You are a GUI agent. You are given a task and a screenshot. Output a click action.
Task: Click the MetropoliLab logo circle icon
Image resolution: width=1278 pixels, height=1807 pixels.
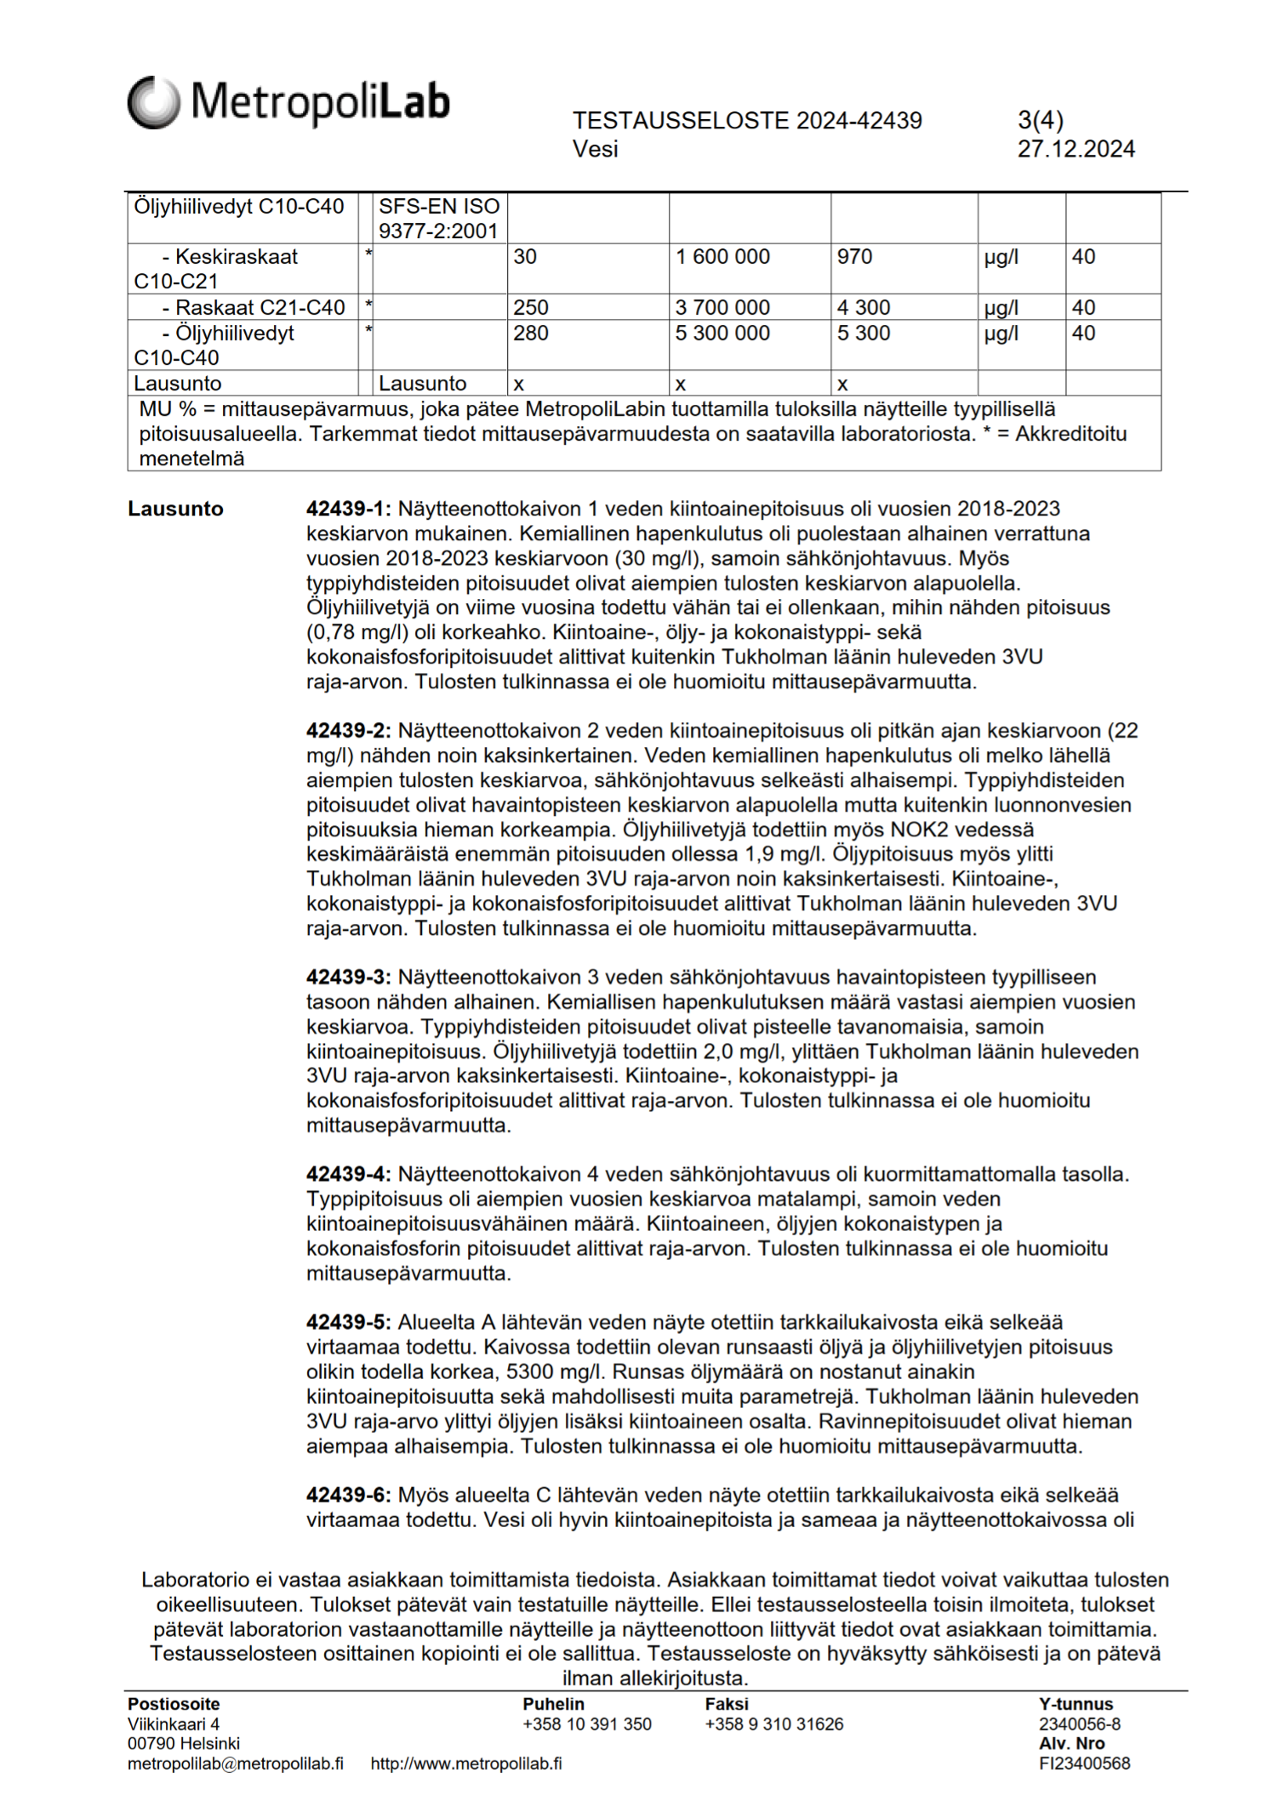tap(154, 102)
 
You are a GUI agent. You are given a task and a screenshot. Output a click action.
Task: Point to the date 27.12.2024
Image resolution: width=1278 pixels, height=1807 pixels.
tap(1075, 150)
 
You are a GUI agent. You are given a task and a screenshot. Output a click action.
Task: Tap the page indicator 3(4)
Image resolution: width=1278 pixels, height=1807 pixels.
tap(1040, 121)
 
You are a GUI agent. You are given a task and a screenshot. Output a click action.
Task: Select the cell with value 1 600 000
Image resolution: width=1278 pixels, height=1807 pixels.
tap(722, 257)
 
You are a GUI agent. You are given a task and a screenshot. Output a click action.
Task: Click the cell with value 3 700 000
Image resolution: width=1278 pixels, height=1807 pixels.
tap(722, 308)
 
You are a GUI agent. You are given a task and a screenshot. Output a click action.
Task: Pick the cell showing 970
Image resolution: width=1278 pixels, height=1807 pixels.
tap(854, 257)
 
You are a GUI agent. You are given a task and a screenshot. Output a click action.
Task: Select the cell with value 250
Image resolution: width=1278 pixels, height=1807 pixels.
tap(531, 308)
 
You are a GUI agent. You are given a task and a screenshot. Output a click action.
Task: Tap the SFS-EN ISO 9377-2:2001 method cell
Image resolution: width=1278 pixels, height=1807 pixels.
tap(439, 219)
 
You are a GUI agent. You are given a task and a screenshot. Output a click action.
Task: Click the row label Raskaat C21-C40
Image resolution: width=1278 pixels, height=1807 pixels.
tap(253, 308)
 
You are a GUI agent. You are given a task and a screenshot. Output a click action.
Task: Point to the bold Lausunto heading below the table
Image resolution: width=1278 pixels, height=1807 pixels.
tap(175, 509)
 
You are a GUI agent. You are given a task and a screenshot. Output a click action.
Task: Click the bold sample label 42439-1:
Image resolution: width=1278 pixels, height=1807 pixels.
tap(348, 509)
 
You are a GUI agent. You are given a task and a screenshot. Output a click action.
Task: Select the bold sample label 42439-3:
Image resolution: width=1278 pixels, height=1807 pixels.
tap(348, 977)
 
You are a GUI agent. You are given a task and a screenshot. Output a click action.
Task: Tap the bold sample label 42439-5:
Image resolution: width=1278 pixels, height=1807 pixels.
tap(348, 1322)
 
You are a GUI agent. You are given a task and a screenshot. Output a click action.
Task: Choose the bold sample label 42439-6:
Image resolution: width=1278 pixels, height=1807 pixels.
tap(348, 1495)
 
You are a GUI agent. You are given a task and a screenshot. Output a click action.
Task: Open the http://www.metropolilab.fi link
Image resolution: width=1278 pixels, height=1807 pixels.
tap(465, 1763)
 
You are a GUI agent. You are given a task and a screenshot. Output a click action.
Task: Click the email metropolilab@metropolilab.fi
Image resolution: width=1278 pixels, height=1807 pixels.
tap(236, 1763)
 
